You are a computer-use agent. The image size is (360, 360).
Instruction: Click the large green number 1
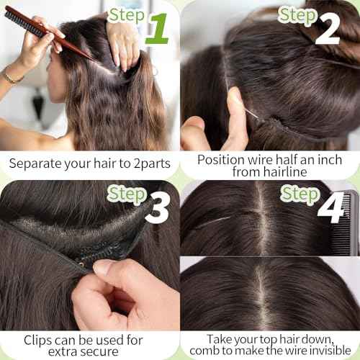pyautogui.click(x=158, y=29)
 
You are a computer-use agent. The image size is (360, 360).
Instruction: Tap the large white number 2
pyautogui.click(x=328, y=28)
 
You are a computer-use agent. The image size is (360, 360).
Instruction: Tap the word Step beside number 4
pyautogui.click(x=300, y=194)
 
